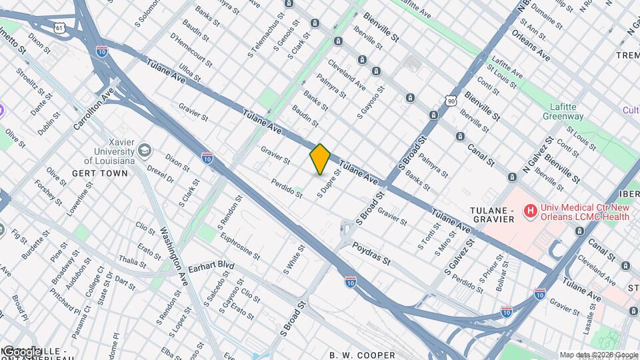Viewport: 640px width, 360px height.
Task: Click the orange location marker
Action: pyautogui.click(x=320, y=159)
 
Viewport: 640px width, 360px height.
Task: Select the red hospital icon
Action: pyautogui.click(x=530, y=212)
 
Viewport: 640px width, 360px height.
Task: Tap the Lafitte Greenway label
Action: pyautogui.click(x=567, y=111)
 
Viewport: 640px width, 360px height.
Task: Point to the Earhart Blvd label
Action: pyautogui.click(x=211, y=267)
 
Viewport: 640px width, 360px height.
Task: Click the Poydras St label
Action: pyautogui.click(x=371, y=254)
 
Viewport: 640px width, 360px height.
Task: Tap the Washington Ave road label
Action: pyautogui.click(x=171, y=249)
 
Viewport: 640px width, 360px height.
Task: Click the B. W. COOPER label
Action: pyautogui.click(x=362, y=355)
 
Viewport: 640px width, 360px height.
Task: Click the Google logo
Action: pyautogui.click(x=22, y=352)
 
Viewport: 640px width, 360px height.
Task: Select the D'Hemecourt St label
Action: pyautogui.click(x=191, y=50)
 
